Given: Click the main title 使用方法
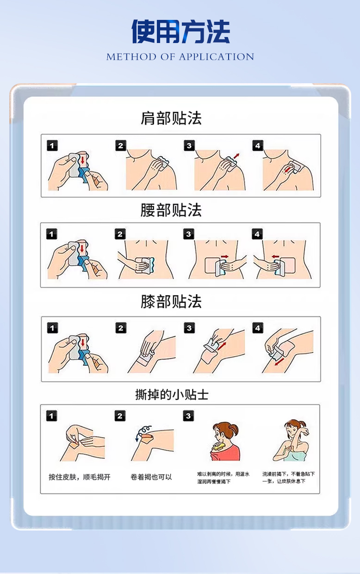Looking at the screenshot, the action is pos(180,31).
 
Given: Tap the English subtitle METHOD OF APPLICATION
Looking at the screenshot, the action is pos(180,56).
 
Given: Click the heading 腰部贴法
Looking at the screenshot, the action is pos(171,210).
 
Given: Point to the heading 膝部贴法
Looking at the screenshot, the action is pos(171,301).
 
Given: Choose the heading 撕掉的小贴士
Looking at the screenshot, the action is pos(172,395).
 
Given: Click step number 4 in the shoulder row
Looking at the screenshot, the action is pos(258,146).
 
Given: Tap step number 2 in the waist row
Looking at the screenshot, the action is pos(120,234).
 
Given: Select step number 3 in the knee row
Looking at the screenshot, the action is pos(189,328).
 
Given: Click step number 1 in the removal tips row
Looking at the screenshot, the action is pos(51,416).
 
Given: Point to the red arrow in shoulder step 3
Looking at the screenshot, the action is pos(236,156).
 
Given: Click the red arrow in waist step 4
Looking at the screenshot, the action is pos(275,256).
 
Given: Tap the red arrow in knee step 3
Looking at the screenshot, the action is pos(222,346).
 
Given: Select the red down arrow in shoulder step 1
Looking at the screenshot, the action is pos(82,160).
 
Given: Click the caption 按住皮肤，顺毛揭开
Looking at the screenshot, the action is pos(80,477).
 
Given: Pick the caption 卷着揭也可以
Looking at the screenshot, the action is pos(151,477).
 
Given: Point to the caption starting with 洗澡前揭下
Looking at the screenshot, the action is pos(288,477).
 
